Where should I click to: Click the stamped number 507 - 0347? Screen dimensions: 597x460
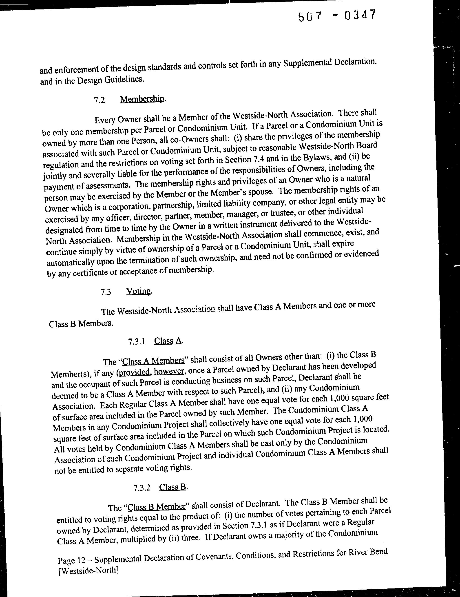pyautogui.click(x=336, y=16)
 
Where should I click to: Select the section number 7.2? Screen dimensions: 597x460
pyautogui.click(x=100, y=100)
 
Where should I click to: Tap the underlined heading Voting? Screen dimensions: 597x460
pyautogui.click(x=139, y=291)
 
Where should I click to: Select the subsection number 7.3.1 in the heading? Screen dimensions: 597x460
pyautogui.click(x=136, y=342)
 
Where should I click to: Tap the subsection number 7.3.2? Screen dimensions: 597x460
pyautogui.click(x=142, y=488)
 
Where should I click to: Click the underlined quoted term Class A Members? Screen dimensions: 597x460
pyautogui.click(x=153, y=361)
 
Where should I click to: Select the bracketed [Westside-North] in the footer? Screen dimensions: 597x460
pyautogui.click(x=88, y=571)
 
